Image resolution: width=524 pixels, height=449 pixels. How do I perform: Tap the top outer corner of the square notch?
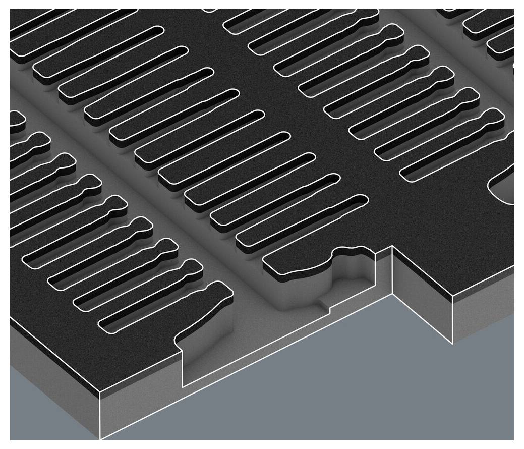click(x=392, y=246)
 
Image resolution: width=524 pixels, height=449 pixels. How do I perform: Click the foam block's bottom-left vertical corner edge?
click(x=100, y=414)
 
